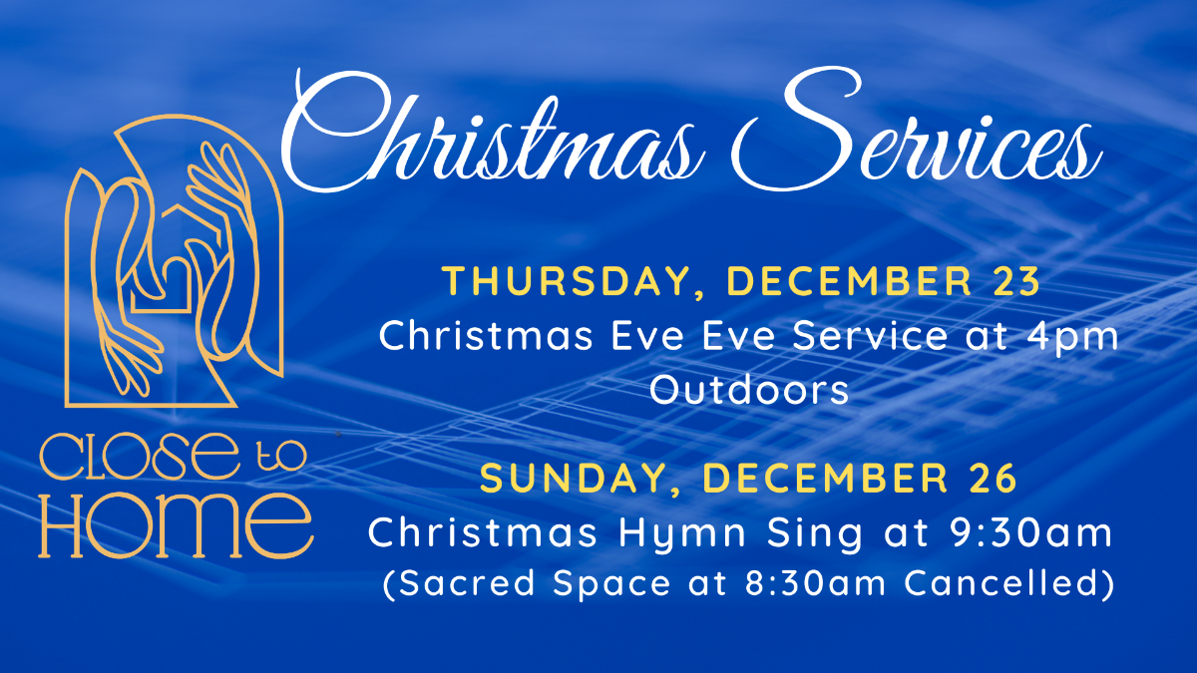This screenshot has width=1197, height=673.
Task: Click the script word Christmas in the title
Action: coord(492,134)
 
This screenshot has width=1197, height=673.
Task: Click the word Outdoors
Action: coord(749,390)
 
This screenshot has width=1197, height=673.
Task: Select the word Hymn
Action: coord(682,533)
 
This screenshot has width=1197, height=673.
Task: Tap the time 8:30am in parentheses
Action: coord(815,582)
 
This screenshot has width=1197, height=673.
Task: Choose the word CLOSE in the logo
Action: coord(139,457)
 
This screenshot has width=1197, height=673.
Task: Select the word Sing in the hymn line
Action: coord(814,533)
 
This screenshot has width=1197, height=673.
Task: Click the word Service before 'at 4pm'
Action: coord(870,337)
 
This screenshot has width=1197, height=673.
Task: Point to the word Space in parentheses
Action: coord(611,584)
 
